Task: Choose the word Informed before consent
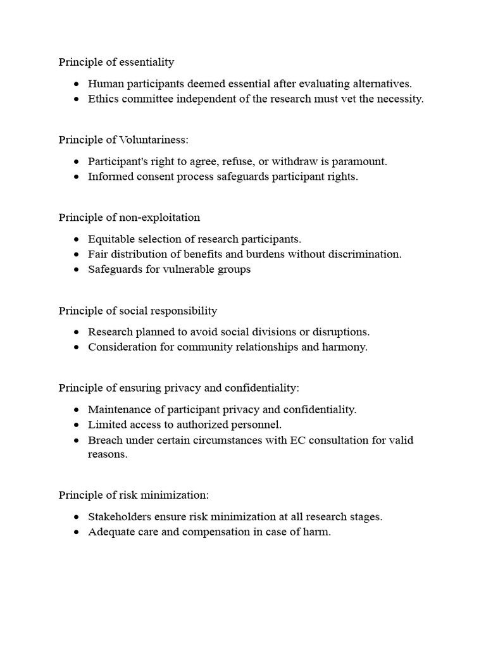pyautogui.click(x=109, y=177)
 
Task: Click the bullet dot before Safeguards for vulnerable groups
pyautogui.click(x=77, y=270)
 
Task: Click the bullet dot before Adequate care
pyautogui.click(x=77, y=533)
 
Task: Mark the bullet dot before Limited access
pyautogui.click(x=77, y=425)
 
